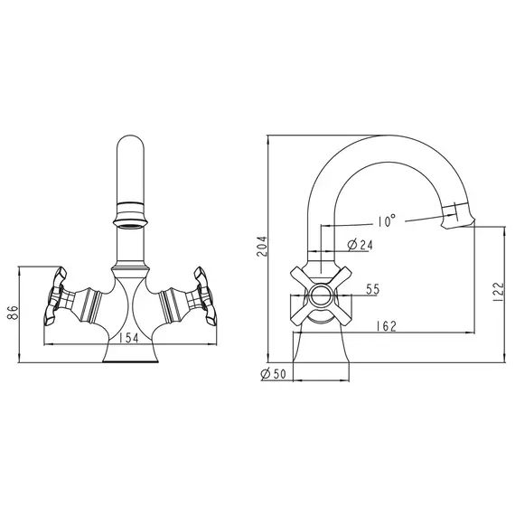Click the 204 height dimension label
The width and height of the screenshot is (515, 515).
pos(262,247)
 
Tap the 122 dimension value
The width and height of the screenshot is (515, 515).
pos(498,292)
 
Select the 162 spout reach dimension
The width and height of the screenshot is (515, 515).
pos(387,326)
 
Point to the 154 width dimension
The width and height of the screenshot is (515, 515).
pos(128,338)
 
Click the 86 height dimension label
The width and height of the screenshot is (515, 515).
pos(13,312)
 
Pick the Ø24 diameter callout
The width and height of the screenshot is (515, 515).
pos(360,245)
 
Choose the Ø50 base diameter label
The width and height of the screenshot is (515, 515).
pos(273,373)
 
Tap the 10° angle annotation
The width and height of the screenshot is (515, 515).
pos(387,221)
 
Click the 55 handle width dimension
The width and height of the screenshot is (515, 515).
pos(373,289)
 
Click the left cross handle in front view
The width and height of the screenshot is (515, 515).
pos(54,296)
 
